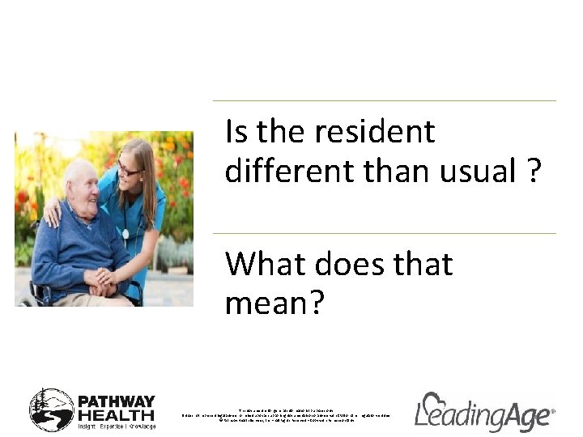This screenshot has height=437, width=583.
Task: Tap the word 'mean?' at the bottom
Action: pos(274,303)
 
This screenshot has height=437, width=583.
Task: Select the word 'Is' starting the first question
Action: pos(236,132)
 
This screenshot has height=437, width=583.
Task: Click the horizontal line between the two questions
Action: pos(384,234)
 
